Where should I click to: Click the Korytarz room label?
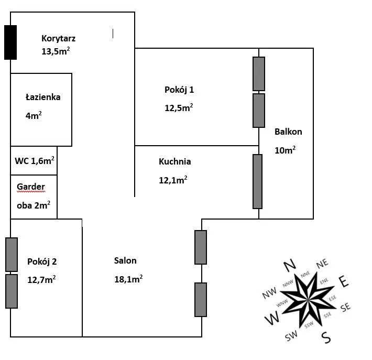pos(59,38)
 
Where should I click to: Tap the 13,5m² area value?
pos(56,51)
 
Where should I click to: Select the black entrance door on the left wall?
pos(10,42)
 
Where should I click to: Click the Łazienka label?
pos(43,97)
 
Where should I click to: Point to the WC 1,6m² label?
pos(35,160)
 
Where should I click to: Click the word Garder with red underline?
pos(31,187)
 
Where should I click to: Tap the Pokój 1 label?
pos(179,90)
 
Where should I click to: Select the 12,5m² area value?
pos(178,108)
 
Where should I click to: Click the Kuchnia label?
pos(174,161)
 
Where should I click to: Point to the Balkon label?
pos(288,132)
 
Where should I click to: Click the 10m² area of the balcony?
pos(285,150)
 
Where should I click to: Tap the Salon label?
pos(125,260)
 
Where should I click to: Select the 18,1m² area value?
pos(128,279)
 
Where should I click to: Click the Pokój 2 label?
pos(42,261)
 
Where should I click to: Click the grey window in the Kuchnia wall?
pos(257,181)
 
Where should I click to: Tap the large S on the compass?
pos(326,337)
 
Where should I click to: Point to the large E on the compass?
pos(344,281)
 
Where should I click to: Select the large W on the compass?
pos(272,318)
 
